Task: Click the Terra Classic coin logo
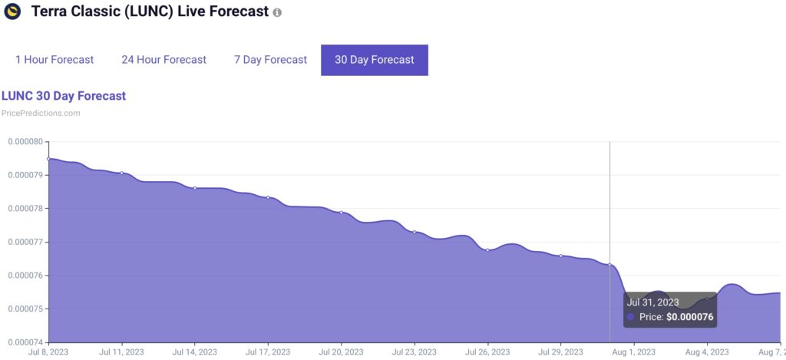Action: point(12,12)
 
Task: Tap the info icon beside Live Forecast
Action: point(277,13)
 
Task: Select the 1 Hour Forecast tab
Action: point(54,60)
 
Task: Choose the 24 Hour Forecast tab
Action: point(163,60)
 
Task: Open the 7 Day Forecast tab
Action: point(270,60)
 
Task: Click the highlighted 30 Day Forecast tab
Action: point(374,60)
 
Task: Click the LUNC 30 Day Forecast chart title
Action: point(64,96)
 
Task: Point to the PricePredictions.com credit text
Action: point(41,113)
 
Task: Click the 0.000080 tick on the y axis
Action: point(25,142)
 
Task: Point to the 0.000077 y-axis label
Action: point(25,242)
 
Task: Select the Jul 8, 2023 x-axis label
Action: point(48,352)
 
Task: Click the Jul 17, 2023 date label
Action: point(268,352)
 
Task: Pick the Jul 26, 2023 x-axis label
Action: point(487,352)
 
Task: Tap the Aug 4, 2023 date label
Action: point(707,352)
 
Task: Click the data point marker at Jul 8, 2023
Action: point(48,159)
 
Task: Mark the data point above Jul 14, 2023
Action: point(195,187)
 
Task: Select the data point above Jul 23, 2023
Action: point(414,232)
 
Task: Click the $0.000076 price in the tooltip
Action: point(690,316)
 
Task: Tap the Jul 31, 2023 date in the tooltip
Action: point(652,302)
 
